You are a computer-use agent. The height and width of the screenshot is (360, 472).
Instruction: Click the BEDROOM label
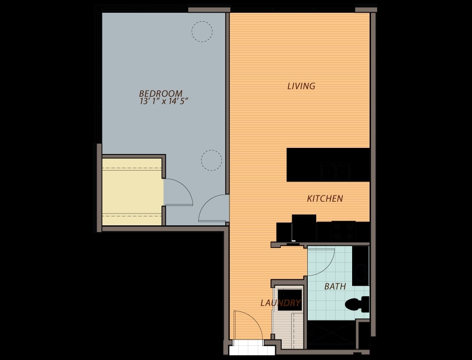[x=161, y=94]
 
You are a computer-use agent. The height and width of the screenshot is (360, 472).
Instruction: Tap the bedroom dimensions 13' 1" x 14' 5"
[x=164, y=101]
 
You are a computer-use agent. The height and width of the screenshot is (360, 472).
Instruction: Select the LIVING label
[x=301, y=86]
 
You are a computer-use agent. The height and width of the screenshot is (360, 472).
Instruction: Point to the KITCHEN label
[x=325, y=198]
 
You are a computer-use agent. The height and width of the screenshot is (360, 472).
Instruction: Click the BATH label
[x=335, y=286]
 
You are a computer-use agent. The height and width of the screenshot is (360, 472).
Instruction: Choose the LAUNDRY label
[x=280, y=303]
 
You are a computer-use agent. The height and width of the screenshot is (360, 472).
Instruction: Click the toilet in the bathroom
[x=357, y=304]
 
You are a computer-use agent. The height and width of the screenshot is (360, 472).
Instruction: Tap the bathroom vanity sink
[x=360, y=273]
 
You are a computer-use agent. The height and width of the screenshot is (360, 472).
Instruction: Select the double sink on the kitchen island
[x=335, y=171]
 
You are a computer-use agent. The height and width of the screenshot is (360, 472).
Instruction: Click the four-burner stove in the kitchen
[x=344, y=231]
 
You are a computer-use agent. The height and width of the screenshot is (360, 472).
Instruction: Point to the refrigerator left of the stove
[x=304, y=228]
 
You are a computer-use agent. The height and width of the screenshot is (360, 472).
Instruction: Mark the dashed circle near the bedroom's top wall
[x=202, y=31]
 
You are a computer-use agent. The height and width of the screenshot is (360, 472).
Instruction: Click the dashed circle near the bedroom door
[x=211, y=160]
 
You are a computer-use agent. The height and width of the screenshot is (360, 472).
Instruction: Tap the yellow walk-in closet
[x=132, y=192]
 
